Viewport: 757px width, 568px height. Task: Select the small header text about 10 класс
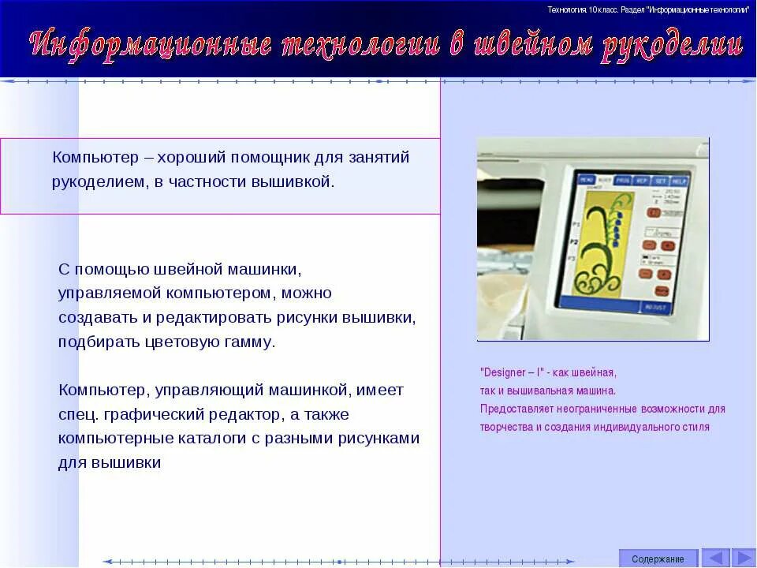pyautogui.click(x=647, y=9)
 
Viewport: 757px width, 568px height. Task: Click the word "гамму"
pyautogui.click(x=248, y=342)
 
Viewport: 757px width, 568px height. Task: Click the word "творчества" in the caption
pyautogui.click(x=506, y=427)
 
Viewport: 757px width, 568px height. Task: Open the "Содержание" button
pyautogui.click(x=658, y=559)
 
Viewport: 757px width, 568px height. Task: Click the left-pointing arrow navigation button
pyautogui.click(x=715, y=558)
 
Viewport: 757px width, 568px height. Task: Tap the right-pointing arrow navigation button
pyautogui.click(x=743, y=558)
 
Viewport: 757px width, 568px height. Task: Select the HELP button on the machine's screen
pyautogui.click(x=680, y=181)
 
